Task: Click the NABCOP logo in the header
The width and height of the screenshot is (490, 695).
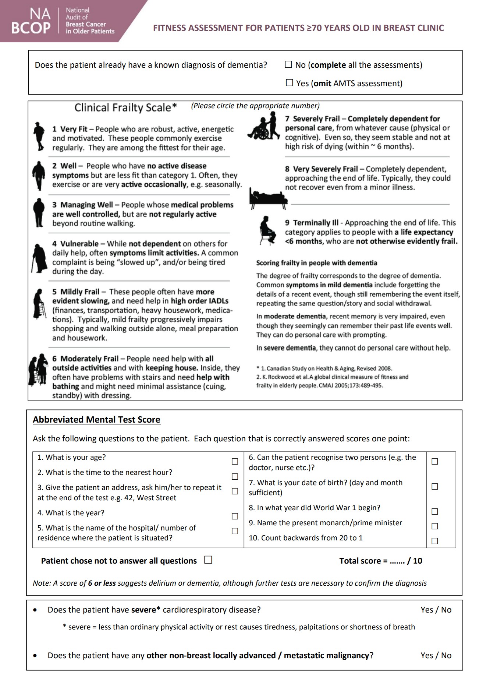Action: (x=63, y=21)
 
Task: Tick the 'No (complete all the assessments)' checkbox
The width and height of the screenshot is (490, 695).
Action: (x=288, y=65)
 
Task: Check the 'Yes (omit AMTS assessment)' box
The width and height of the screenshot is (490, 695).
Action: (x=290, y=83)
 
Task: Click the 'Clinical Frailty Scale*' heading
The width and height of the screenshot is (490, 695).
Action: (x=125, y=107)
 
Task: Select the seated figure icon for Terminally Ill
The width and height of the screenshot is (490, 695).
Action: (x=267, y=230)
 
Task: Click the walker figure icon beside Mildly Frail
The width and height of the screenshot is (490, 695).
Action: (x=39, y=304)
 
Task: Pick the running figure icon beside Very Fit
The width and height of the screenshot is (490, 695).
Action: (x=38, y=137)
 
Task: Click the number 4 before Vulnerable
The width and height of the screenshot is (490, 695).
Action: (x=54, y=244)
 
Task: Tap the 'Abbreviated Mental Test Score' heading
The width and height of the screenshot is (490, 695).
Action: (x=96, y=420)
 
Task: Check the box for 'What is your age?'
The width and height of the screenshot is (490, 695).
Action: (x=235, y=461)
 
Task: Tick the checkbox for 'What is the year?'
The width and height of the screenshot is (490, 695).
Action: (x=235, y=516)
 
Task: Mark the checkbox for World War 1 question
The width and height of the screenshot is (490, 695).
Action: (x=434, y=512)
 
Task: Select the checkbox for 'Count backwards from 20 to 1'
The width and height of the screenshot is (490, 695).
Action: (x=434, y=541)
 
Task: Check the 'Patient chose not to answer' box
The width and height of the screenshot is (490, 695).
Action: (x=208, y=560)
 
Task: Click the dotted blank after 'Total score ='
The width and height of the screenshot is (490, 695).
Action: (x=397, y=561)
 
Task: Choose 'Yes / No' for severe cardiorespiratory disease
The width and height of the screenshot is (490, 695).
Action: (x=436, y=610)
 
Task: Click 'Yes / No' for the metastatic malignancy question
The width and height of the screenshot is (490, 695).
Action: (x=436, y=656)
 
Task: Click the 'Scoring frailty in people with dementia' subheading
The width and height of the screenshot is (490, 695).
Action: (x=316, y=263)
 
